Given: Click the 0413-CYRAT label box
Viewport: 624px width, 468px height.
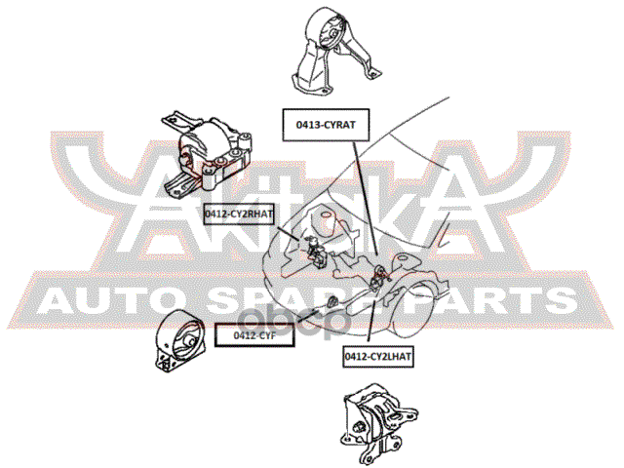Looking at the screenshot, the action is (x=326, y=125).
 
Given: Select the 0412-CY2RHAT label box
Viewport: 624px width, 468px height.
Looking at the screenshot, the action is (x=239, y=214).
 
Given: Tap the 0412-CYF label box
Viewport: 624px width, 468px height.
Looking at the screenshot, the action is (x=254, y=335).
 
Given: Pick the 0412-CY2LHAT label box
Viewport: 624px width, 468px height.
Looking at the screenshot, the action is (x=378, y=356).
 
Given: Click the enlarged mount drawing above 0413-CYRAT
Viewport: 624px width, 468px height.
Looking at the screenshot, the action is (x=335, y=50).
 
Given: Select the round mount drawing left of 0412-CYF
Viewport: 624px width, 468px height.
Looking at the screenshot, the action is (x=181, y=340).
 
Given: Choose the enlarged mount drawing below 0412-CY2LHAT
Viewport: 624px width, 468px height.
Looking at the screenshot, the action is (x=379, y=422).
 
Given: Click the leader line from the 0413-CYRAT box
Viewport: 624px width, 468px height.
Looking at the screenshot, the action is (x=365, y=198).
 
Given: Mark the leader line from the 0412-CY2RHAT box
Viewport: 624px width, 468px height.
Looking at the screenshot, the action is (x=288, y=233).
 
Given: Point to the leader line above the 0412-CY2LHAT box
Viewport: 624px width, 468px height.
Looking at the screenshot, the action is (x=371, y=318).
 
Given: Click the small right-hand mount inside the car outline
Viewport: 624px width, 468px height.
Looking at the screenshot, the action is (x=315, y=252).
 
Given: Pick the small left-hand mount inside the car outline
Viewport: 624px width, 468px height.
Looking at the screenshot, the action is (x=379, y=277).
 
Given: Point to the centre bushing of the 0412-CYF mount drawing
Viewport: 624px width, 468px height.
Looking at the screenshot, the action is (x=189, y=341).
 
